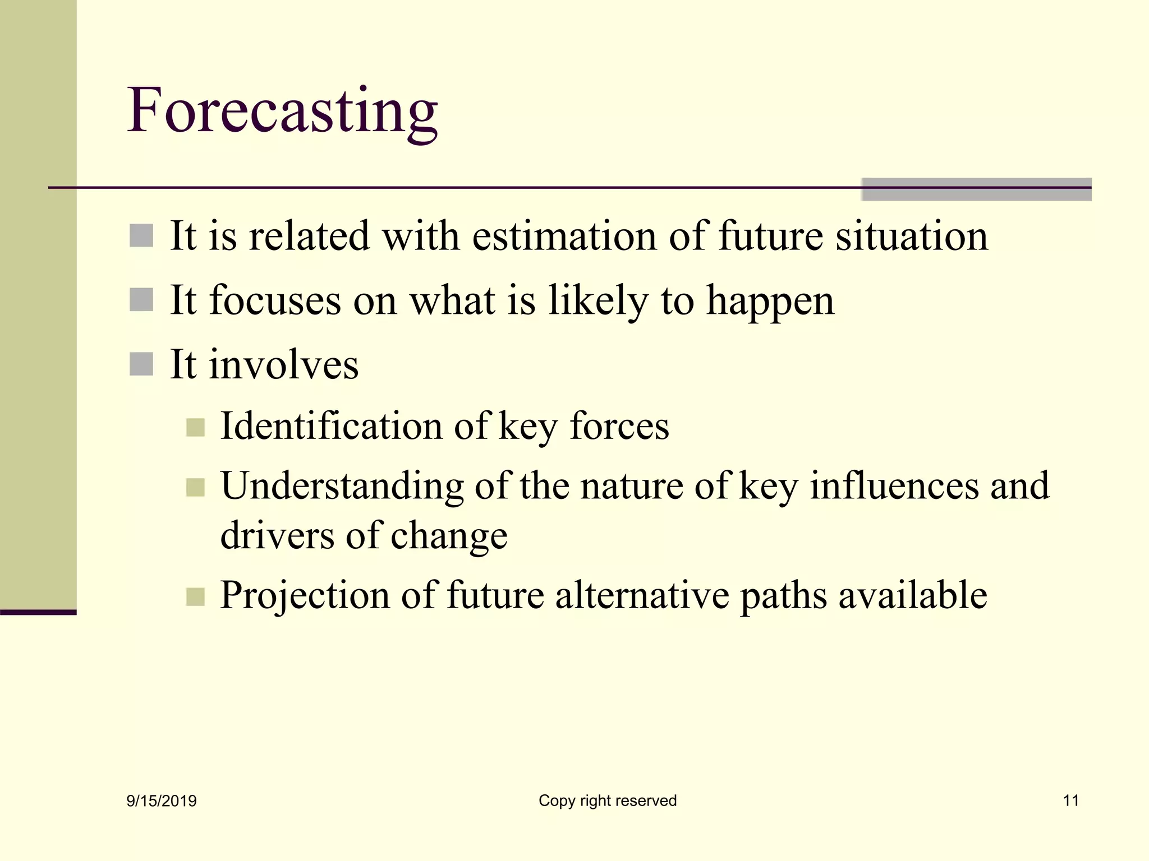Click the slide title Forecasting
point(282,110)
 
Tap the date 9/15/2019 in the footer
point(162,801)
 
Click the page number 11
point(1070,800)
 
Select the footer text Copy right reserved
point(608,800)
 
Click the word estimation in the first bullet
point(564,236)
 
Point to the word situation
point(911,236)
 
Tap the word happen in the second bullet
point(770,302)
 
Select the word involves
point(283,365)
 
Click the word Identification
point(332,426)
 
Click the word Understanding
point(342,486)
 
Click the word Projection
point(305,595)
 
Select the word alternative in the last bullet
point(642,595)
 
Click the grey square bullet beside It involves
point(141,364)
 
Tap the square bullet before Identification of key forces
point(195,428)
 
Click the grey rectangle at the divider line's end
point(976,189)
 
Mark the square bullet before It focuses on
point(141,300)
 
